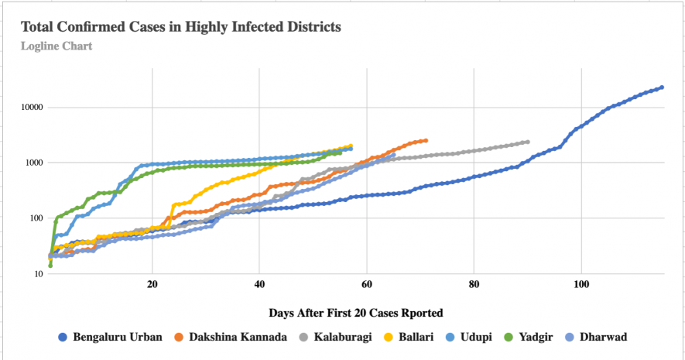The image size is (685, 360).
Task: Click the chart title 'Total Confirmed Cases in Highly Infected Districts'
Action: coord(181,27)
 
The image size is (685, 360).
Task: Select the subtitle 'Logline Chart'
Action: coord(57,46)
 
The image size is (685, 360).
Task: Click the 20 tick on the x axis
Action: coord(152,284)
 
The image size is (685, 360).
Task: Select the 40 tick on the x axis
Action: coord(259,284)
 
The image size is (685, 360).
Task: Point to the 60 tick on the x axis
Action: coord(367,284)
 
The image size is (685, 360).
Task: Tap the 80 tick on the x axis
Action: coord(474,284)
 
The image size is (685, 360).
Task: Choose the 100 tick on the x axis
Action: coord(581,284)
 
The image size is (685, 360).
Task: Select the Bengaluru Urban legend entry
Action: coord(110,337)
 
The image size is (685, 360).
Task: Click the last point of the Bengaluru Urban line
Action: coord(662,87)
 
